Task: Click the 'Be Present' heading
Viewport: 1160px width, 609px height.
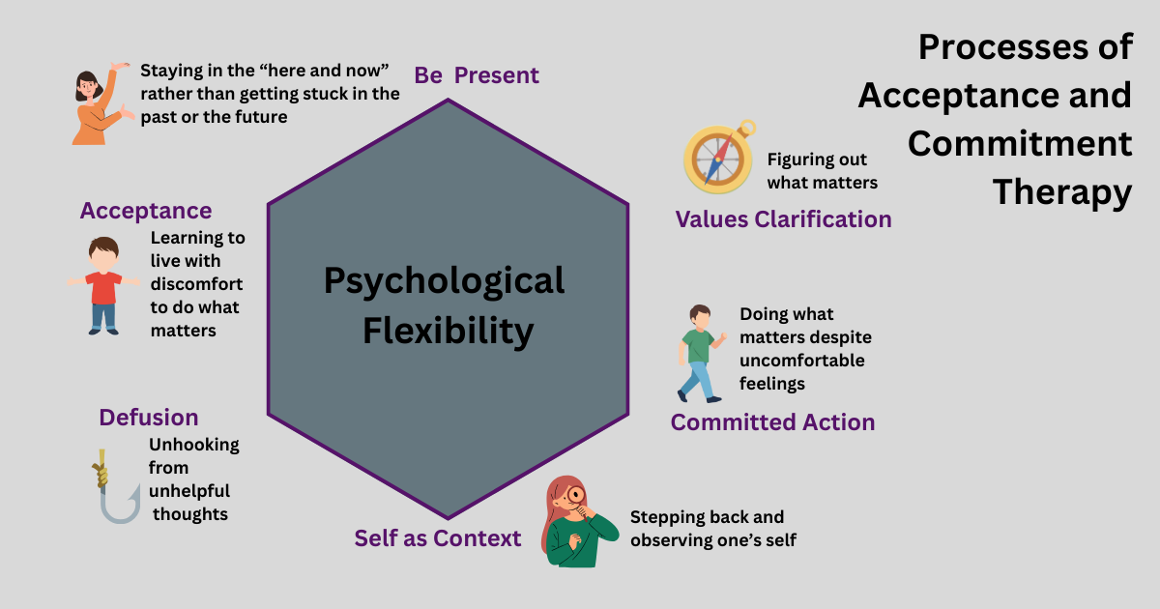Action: (x=477, y=75)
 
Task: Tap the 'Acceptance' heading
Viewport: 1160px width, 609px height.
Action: (x=146, y=211)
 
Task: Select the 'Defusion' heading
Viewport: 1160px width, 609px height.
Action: (x=149, y=418)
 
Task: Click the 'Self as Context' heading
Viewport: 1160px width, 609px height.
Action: (x=438, y=538)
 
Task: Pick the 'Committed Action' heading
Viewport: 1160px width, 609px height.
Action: (x=772, y=422)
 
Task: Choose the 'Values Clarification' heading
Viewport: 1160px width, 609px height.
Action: (x=783, y=219)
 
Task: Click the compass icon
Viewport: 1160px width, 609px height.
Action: (x=717, y=157)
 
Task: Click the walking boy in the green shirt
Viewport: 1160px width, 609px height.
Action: (x=699, y=353)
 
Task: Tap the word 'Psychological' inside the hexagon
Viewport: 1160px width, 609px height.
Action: (x=444, y=280)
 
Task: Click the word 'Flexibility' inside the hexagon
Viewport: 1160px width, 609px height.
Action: (x=448, y=331)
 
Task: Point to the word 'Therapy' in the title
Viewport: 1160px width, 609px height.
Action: (x=1061, y=193)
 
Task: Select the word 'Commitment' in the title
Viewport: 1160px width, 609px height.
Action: (x=1020, y=144)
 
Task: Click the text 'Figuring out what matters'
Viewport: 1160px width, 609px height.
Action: (x=822, y=171)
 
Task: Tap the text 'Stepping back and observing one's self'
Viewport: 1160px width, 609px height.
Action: (x=712, y=529)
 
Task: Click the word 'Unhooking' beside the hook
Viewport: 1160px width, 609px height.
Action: (x=194, y=446)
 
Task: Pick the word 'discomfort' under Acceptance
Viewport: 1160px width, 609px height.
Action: (x=196, y=284)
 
